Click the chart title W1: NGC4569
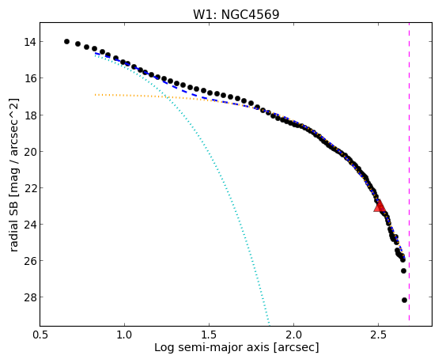(x=236, y=14)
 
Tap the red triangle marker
(x=380, y=206)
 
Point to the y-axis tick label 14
(x=30, y=42)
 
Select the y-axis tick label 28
(x=30, y=297)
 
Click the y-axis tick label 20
(x=30, y=152)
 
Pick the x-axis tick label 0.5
(x=40, y=335)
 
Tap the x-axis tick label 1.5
(x=209, y=335)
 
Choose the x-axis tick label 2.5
(x=378, y=335)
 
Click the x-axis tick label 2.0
(x=293, y=335)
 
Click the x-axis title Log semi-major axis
(x=211, y=348)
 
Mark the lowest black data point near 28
(x=404, y=300)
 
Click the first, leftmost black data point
(x=66, y=41)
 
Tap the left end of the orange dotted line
(x=95, y=95)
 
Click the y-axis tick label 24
(x=30, y=225)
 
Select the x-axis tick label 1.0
(x=124, y=335)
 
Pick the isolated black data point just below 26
(x=403, y=270)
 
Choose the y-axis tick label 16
(x=30, y=78)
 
